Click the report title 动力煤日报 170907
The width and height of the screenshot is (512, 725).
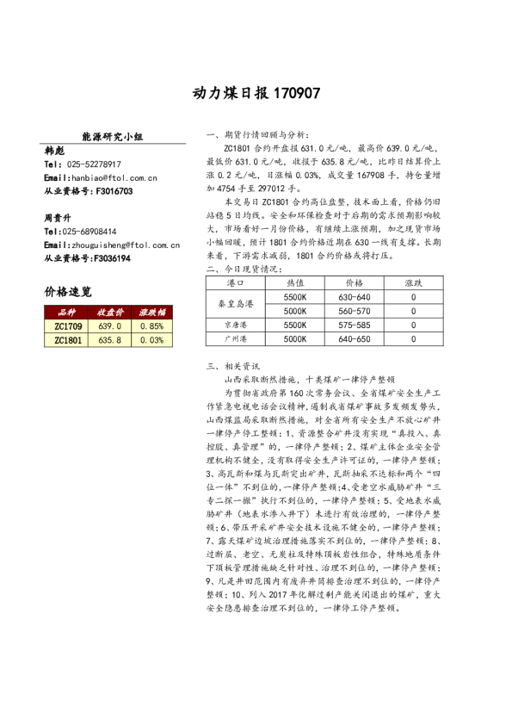256,93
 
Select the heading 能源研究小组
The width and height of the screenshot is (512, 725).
112,136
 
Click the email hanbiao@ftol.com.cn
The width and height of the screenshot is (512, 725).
113,177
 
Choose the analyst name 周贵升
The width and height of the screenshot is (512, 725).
58,218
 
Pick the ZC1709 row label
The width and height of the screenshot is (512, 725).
68,326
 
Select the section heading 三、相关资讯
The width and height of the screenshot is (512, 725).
233,365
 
